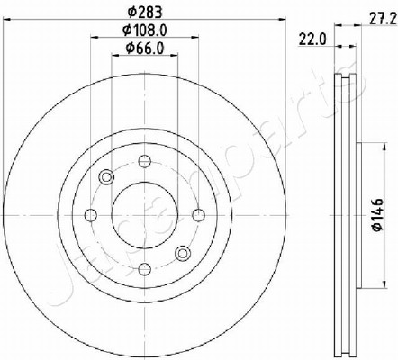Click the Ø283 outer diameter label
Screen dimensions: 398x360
[x=145, y=12]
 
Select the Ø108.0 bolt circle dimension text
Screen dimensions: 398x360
[x=145, y=30]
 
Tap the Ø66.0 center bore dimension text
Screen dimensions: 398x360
[x=145, y=48]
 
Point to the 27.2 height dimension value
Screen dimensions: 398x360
[x=383, y=19]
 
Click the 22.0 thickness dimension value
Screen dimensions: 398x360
[x=312, y=40]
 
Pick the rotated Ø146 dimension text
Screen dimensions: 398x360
[x=378, y=215]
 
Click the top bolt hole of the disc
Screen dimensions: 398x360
[x=145, y=161]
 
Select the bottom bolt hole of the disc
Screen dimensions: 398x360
[x=145, y=269]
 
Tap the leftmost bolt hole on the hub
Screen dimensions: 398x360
[x=91, y=215]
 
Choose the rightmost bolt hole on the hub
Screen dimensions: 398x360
[x=199, y=215]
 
